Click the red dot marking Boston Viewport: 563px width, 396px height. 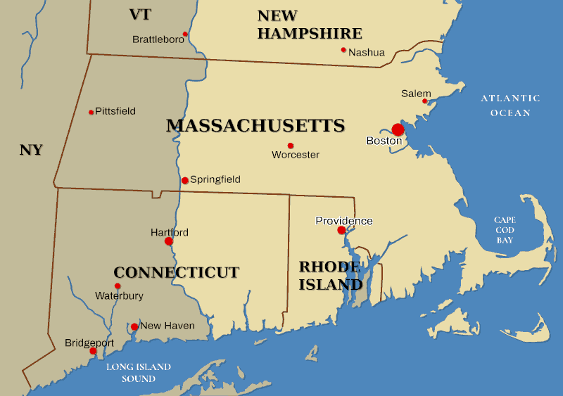398,129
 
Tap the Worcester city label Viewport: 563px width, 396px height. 296,155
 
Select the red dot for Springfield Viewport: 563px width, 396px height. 185,181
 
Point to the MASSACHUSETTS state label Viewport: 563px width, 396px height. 255,126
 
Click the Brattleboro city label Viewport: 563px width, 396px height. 158,40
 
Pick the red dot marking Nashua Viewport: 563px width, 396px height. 343,50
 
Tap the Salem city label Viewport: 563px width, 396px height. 416,94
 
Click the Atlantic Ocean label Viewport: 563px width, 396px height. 511,106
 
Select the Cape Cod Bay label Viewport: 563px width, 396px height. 505,230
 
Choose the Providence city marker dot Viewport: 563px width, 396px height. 341,230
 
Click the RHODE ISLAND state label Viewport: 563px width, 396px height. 330,276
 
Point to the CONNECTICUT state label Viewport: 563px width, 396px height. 177,273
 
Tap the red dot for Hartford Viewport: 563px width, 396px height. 169,241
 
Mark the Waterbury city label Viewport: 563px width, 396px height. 119,296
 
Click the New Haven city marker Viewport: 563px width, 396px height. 134,326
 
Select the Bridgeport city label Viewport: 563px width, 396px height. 89,343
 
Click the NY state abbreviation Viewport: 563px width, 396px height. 31,150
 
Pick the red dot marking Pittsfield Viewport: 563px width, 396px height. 91,112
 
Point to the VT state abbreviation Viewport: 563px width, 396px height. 141,15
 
